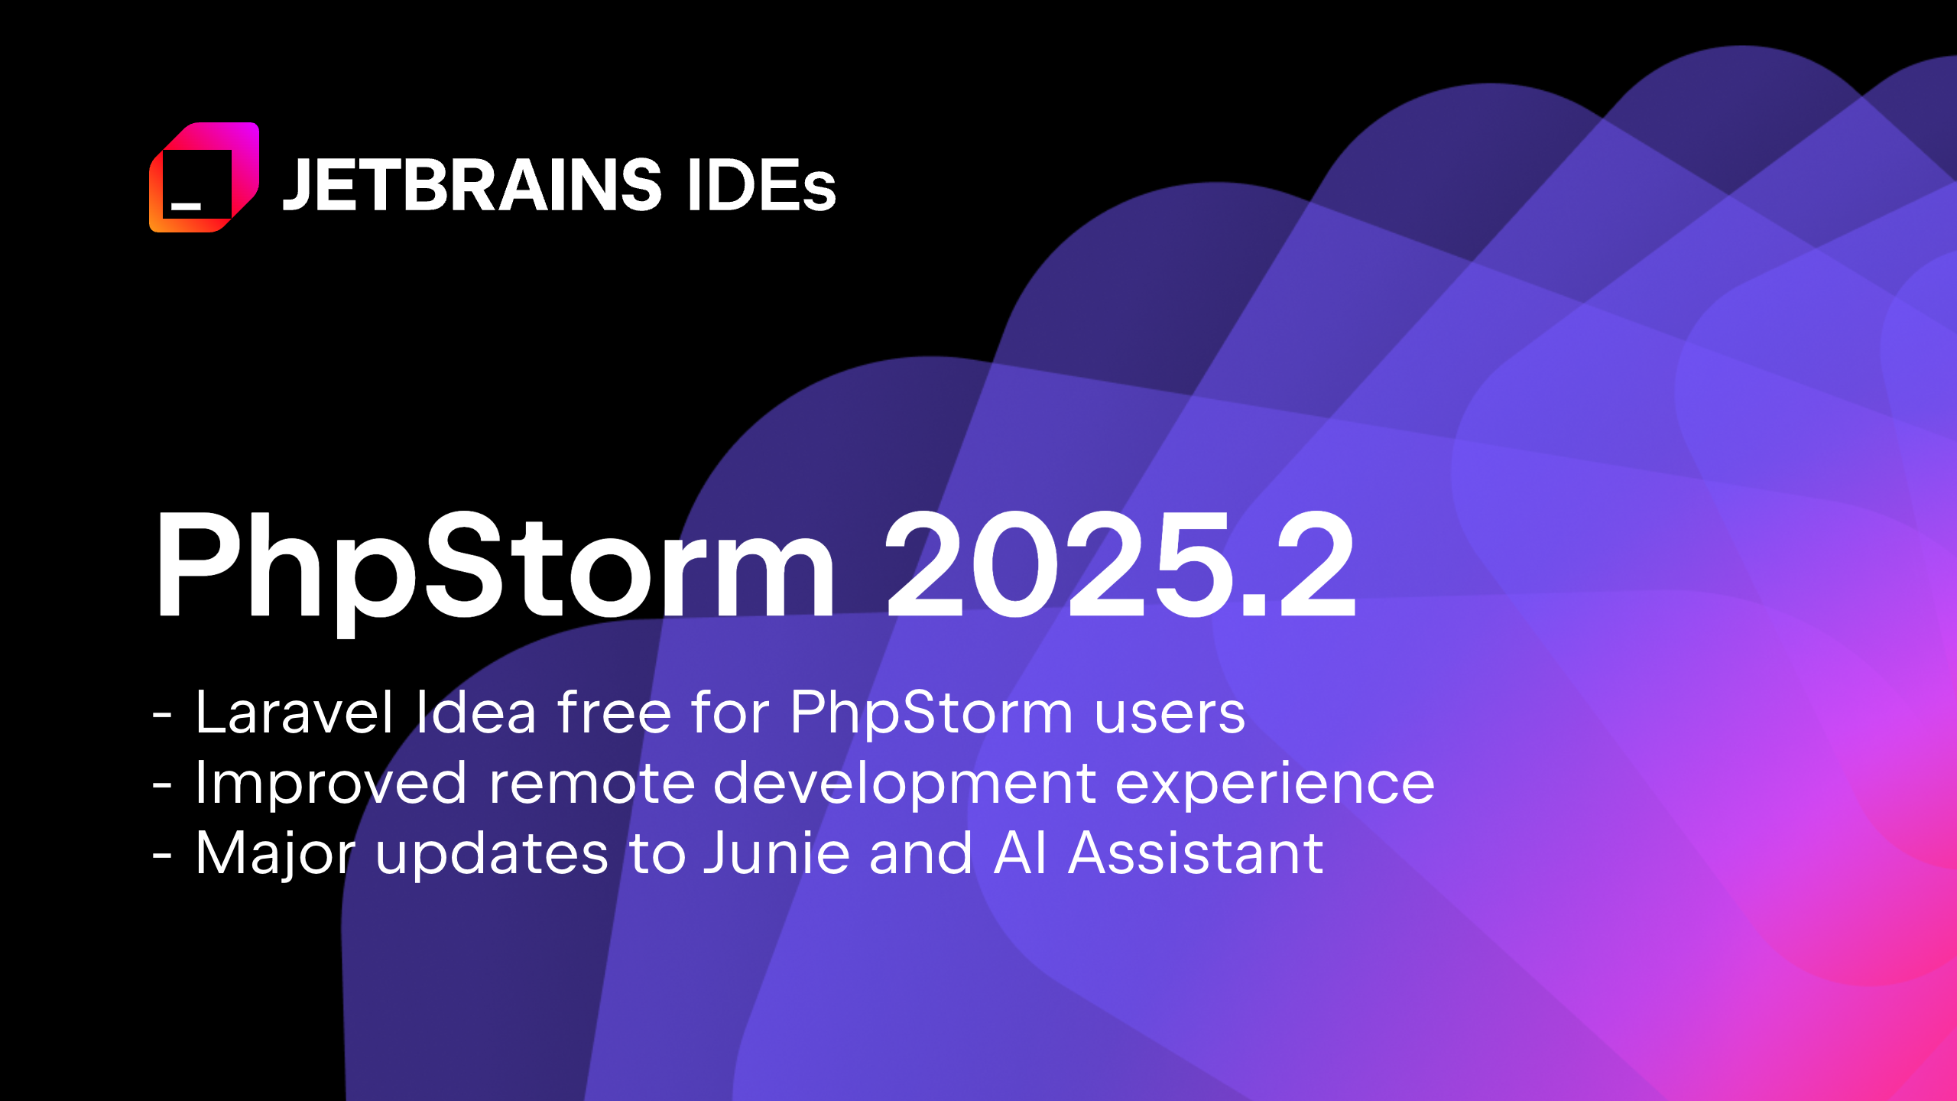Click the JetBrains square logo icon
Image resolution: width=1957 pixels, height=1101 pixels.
(204, 177)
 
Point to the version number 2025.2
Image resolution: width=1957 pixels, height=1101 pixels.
(1120, 566)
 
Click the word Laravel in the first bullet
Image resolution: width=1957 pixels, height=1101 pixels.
(294, 713)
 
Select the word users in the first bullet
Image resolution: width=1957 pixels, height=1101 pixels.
(1170, 713)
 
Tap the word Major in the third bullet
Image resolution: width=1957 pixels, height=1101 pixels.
(275, 854)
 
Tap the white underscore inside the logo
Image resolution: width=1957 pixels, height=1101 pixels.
(186, 206)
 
